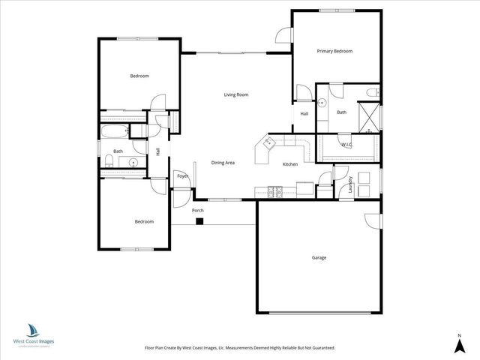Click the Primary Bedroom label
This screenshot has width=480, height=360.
(x=334, y=51)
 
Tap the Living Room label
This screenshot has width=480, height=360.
(x=236, y=94)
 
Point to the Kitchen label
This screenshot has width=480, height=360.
(x=290, y=164)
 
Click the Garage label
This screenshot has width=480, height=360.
(x=319, y=257)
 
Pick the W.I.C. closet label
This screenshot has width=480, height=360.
(x=346, y=144)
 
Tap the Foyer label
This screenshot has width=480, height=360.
(x=182, y=176)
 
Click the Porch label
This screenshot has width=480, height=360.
(x=198, y=211)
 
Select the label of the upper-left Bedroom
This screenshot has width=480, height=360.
(x=139, y=76)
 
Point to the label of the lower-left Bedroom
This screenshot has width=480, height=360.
(x=144, y=221)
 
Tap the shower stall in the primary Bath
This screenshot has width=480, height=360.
(x=369, y=114)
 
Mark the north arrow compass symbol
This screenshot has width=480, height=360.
(x=457, y=343)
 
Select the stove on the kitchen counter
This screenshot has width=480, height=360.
(x=274, y=190)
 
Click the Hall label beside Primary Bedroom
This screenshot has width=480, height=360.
(x=304, y=114)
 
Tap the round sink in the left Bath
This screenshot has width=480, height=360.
(x=133, y=161)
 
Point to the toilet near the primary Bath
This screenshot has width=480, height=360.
(x=372, y=93)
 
